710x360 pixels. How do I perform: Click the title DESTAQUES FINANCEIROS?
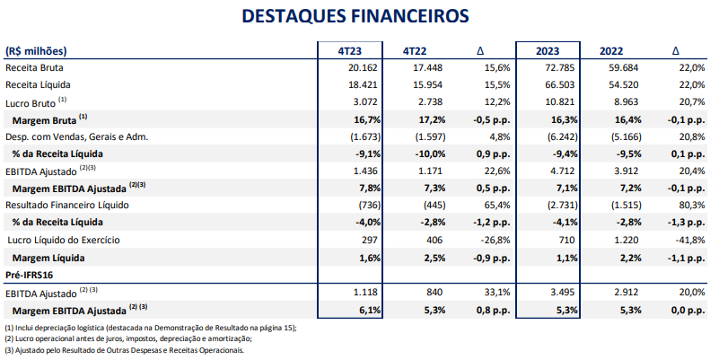click(x=355, y=17)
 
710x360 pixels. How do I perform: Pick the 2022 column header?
click(x=617, y=50)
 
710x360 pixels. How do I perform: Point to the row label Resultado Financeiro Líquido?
click(x=66, y=206)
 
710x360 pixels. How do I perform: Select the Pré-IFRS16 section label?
click(x=30, y=274)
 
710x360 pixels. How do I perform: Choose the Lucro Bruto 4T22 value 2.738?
click(x=429, y=101)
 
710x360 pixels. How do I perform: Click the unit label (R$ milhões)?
click(x=36, y=50)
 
